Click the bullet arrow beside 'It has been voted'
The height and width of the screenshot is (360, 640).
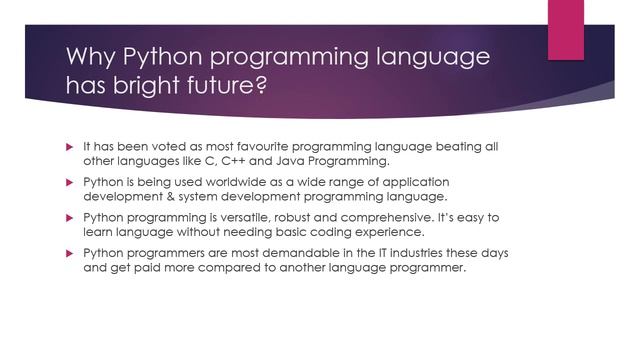pyautogui.click(x=69, y=146)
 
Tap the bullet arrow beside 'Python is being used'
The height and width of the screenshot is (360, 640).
pyautogui.click(x=69, y=182)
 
